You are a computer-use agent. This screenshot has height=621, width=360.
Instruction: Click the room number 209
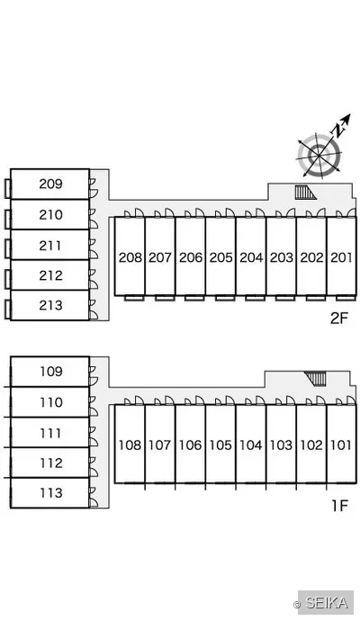point(50,184)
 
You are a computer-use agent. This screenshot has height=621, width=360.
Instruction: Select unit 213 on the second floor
point(50,305)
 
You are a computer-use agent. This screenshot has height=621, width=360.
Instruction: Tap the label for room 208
point(130,257)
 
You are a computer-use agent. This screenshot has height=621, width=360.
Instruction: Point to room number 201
point(341,257)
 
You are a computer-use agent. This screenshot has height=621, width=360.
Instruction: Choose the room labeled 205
point(221,257)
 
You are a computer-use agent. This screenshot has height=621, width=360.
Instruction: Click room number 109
point(51,372)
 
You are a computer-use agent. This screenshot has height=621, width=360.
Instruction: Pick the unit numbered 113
point(51,493)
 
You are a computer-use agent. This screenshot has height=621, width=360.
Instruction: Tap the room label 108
point(130,445)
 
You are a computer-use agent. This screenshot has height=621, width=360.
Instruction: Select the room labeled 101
point(341,445)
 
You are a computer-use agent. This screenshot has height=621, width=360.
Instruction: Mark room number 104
point(251,445)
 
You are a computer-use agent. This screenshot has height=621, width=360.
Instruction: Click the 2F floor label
point(339,318)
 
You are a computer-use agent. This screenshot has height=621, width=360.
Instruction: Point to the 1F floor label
point(339,506)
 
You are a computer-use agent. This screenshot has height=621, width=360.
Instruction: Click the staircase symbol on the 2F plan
point(305,193)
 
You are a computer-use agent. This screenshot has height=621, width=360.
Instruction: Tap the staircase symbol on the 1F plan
point(315,378)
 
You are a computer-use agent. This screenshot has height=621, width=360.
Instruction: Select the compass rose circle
point(319,155)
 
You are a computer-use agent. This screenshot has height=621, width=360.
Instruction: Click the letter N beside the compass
point(337,130)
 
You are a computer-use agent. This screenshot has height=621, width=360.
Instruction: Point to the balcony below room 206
point(194,298)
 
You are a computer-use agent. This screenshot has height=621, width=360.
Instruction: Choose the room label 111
point(51,433)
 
